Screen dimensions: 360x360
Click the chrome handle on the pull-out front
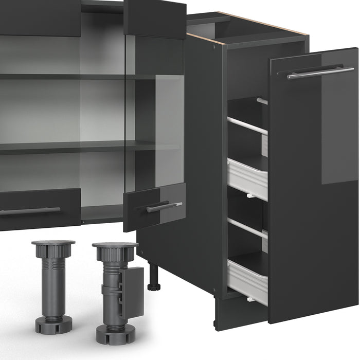(x=315, y=73)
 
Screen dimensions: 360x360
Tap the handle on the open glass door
(x=164, y=207)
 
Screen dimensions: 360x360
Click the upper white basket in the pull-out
(x=247, y=178)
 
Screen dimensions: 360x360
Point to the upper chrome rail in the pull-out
(x=247, y=126)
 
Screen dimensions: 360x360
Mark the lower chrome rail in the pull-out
(x=247, y=227)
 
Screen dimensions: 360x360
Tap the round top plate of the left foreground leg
(x=53, y=242)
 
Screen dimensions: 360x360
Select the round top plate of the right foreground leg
(x=115, y=245)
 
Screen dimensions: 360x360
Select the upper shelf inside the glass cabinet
(x=62, y=77)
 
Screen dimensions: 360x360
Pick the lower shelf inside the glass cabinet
(x=62, y=148)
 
